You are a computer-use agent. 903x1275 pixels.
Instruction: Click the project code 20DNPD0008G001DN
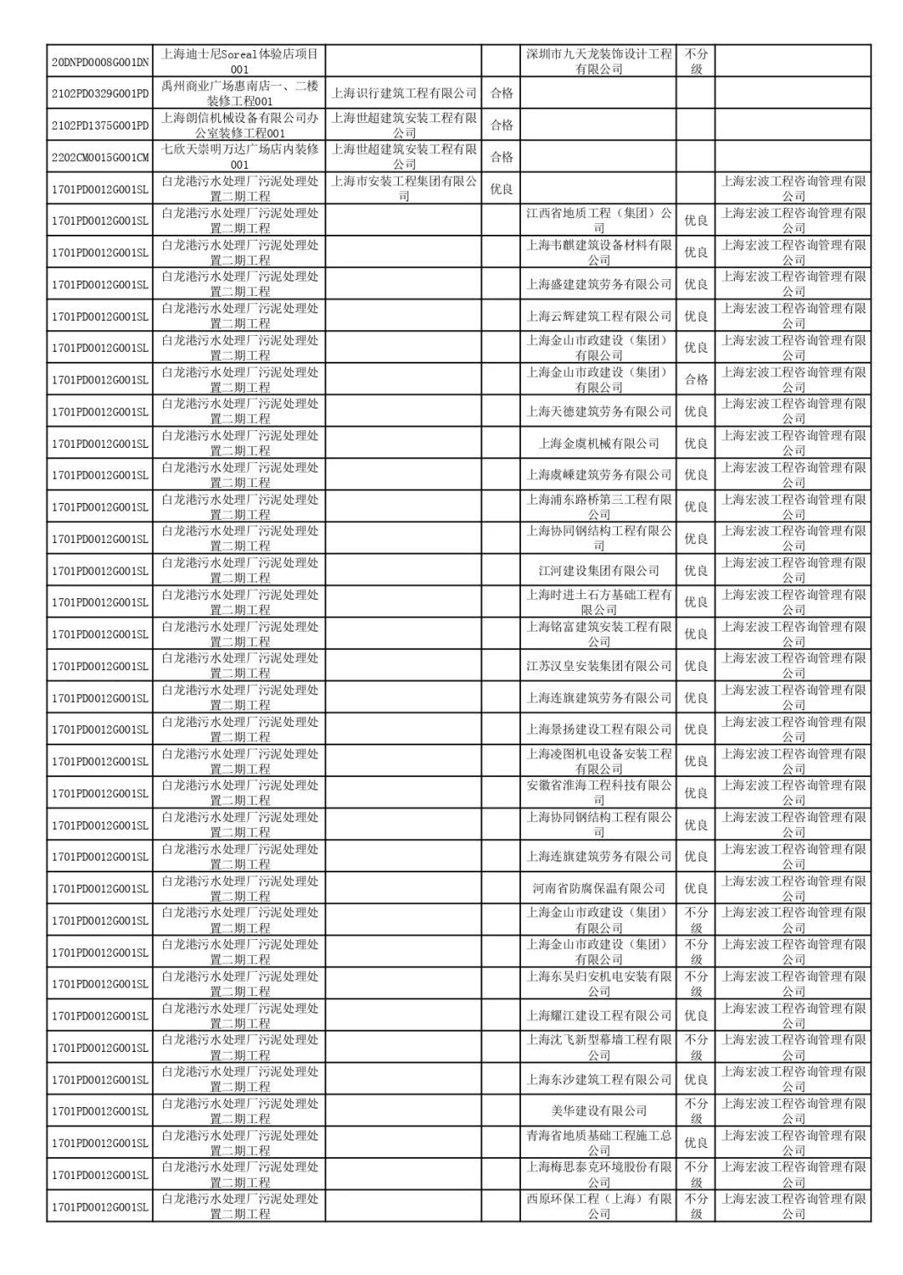pos(99,62)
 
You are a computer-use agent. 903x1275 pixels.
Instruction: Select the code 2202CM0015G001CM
pos(99,157)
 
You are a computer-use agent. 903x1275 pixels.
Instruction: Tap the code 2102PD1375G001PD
pos(99,125)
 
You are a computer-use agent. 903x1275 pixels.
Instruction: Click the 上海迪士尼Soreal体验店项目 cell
pos(239,62)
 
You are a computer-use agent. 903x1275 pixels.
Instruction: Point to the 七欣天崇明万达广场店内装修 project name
pos(239,157)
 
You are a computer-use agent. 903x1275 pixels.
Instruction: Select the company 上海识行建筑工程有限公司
pos(404,94)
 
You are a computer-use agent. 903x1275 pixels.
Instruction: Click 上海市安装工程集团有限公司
pos(404,189)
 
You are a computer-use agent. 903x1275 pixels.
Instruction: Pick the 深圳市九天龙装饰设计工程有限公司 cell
pos(599,62)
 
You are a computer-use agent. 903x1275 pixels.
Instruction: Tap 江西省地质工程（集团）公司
pos(599,221)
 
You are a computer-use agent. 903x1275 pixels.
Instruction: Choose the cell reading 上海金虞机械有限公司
pos(599,444)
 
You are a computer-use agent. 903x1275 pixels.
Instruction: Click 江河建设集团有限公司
pos(599,571)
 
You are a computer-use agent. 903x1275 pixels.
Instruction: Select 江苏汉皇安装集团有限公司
pos(599,666)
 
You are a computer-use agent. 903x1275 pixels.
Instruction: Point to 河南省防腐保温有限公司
pos(599,888)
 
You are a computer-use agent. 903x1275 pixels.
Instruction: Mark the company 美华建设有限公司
pos(599,1111)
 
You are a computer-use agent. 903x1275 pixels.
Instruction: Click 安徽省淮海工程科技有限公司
pos(599,793)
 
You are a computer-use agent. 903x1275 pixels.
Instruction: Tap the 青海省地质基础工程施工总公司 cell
pos(599,1143)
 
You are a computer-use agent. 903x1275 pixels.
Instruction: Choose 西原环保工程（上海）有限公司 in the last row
pos(599,1206)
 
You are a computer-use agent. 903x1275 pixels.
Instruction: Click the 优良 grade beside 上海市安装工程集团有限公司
pos(501,189)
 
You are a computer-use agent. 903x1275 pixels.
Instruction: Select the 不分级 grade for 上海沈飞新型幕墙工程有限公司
pos(696,1048)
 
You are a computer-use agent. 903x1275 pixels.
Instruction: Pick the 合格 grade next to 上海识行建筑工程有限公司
pos(501,94)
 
